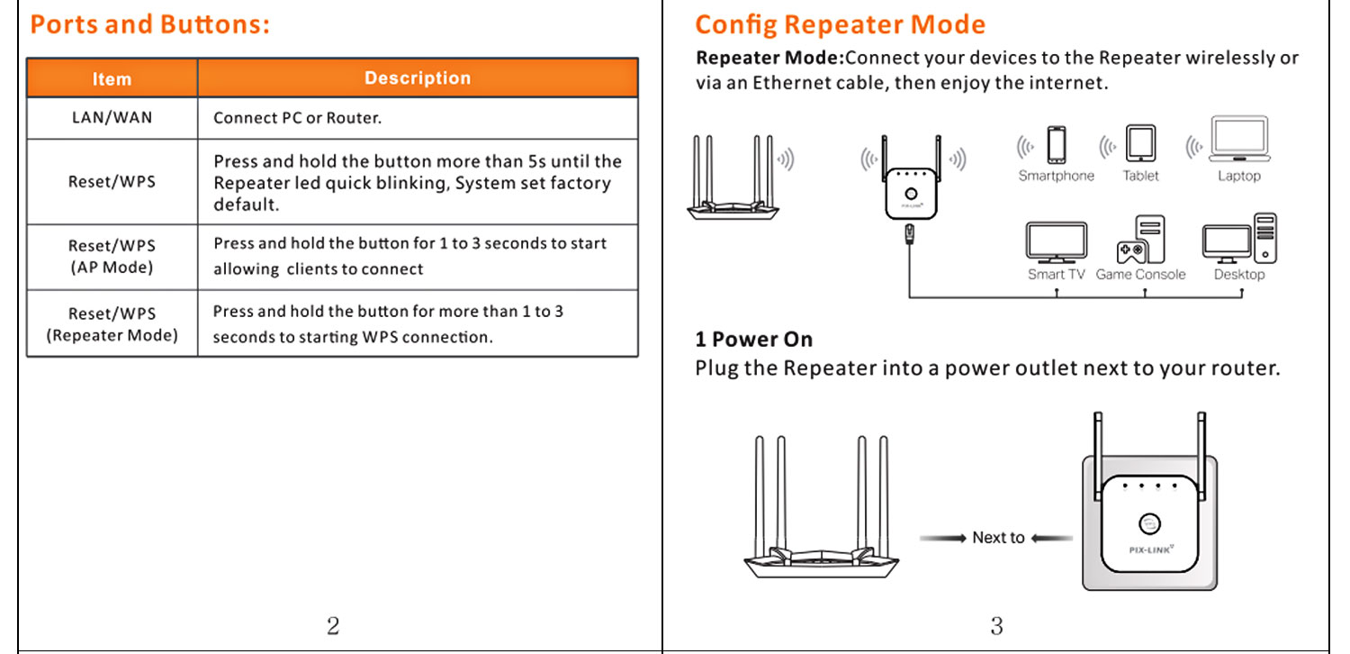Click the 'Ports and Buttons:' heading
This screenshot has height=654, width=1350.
click(x=149, y=24)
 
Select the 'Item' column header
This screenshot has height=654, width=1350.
click(x=112, y=79)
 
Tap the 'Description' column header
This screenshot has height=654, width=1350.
click(x=417, y=78)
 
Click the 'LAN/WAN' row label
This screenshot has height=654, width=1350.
click(x=112, y=118)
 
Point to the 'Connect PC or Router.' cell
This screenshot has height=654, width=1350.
click(x=297, y=118)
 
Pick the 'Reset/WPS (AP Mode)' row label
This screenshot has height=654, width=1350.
click(x=112, y=257)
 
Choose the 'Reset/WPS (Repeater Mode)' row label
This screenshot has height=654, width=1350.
click(x=112, y=324)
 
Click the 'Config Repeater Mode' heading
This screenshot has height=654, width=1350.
click(x=840, y=24)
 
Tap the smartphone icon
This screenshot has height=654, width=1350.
click(x=1056, y=145)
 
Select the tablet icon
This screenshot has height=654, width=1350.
click(x=1140, y=144)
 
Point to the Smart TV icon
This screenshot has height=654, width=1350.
click(x=1056, y=243)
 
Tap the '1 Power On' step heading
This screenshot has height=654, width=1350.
click(x=753, y=340)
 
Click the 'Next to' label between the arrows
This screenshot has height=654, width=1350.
click(x=997, y=538)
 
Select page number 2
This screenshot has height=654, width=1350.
click(x=333, y=625)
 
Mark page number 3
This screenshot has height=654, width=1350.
click(x=996, y=625)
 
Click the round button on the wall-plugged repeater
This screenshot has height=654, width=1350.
click(x=1148, y=523)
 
